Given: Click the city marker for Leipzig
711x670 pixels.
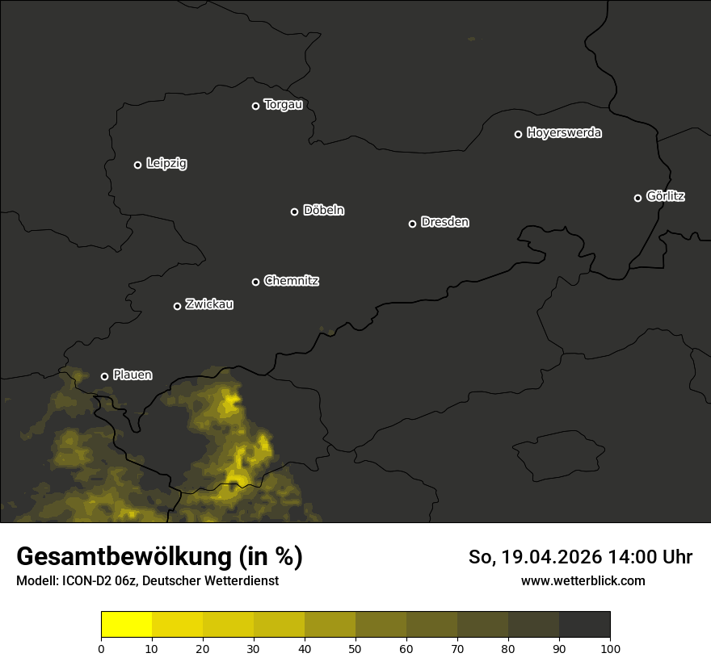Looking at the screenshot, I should (137, 165).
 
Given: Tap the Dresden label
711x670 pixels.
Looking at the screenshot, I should (444, 222).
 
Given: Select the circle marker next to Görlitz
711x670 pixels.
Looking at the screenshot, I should (637, 198).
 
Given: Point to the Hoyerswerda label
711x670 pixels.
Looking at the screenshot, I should (564, 133).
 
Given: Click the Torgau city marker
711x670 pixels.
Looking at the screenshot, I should (255, 106).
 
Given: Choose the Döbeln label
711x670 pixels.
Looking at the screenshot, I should (323, 211).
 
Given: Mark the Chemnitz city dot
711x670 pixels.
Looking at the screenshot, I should (255, 282).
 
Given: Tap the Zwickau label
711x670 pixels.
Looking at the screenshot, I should (209, 304).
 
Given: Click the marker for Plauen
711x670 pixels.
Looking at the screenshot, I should (104, 376).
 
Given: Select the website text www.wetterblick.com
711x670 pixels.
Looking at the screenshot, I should (583, 580).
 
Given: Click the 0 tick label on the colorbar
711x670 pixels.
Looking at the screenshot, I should (101, 648).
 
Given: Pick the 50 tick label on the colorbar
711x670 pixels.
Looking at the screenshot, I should (355, 648).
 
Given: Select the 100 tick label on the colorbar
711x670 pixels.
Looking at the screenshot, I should (610, 648).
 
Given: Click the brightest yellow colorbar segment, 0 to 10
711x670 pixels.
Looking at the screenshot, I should (127, 625).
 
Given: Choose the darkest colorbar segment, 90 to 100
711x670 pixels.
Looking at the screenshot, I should (584, 625).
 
